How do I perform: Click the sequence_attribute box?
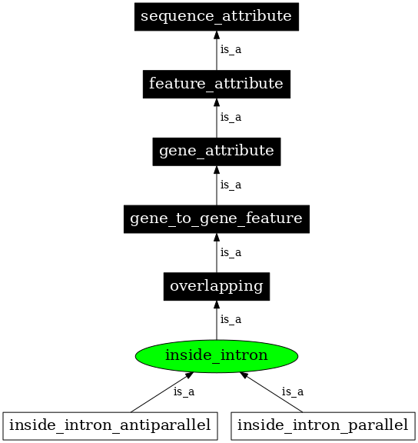coord(216,15)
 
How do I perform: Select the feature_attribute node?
coord(216,83)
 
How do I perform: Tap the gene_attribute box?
coord(216,151)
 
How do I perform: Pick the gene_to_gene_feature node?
coord(216,218)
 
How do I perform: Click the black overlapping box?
coord(216,286)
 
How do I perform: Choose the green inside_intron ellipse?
coord(216,355)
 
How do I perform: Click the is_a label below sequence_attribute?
coord(231,49)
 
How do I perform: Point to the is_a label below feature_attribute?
coord(231,117)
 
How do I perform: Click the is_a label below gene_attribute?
coord(231,185)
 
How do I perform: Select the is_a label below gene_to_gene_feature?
coord(231,252)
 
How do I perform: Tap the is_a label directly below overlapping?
coord(231,319)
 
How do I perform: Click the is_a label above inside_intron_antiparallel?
coord(184,391)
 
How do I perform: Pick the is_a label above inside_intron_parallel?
coord(292,391)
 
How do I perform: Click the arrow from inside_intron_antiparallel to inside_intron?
coord(161,392)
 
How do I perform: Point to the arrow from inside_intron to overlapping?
coord(216,321)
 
